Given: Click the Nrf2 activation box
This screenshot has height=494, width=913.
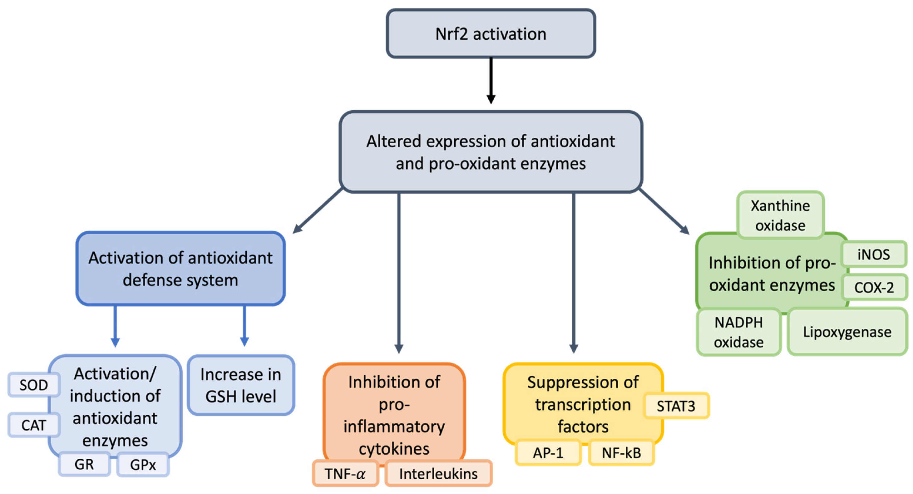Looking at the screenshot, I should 491,34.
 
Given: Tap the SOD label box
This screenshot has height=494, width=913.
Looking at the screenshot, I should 34,385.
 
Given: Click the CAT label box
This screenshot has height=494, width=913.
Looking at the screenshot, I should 34,425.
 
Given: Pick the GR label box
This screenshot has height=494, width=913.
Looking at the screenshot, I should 84,464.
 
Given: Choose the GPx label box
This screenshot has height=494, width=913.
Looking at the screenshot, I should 143,465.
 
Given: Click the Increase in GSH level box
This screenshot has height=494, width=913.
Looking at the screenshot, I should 241,385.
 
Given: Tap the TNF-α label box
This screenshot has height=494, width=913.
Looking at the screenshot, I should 345,473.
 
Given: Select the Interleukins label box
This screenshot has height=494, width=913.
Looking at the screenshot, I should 438,473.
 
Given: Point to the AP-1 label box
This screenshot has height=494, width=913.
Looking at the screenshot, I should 548,452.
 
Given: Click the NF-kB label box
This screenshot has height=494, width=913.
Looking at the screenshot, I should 621,452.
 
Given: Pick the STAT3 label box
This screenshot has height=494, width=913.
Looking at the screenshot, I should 676,406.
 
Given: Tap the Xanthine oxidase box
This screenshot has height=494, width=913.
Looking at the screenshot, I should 780,215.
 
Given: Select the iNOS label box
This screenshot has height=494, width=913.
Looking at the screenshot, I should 874,254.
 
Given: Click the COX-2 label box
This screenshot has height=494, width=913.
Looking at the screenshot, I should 874,287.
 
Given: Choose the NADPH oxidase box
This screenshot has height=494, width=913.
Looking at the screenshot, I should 739,332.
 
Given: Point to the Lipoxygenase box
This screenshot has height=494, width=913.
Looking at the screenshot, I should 847,332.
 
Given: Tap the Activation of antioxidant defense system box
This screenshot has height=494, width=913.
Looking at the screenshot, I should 180,269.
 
